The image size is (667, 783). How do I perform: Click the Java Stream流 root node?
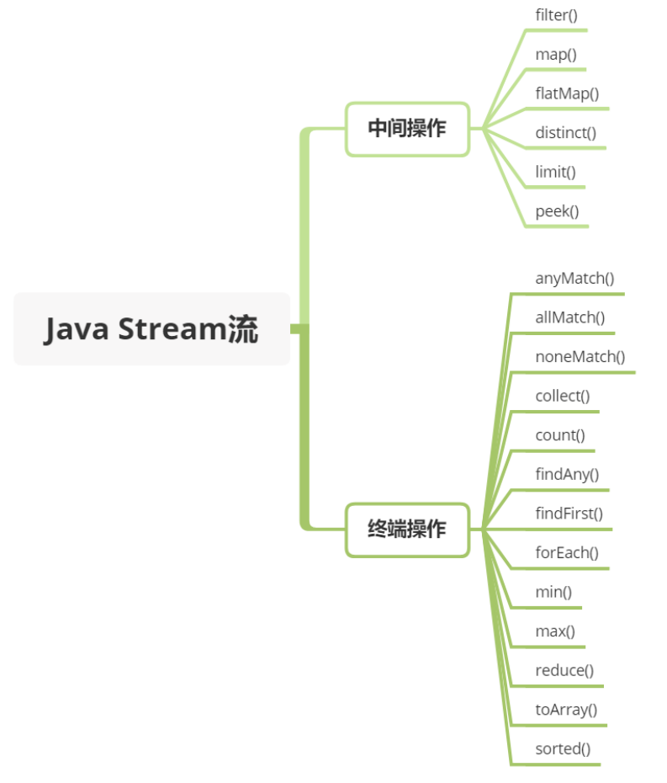(x=151, y=328)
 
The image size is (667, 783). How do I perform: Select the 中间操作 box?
(x=407, y=129)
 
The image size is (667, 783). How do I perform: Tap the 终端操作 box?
(x=407, y=530)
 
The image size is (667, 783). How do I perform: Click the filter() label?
(x=556, y=14)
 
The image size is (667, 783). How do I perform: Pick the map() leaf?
(x=556, y=54)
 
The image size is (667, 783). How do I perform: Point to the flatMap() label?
(x=567, y=93)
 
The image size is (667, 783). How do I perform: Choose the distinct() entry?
(x=565, y=132)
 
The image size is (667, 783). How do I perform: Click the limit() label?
(x=555, y=172)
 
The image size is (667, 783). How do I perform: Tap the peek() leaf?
(x=557, y=210)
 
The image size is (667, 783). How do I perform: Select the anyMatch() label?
(x=574, y=278)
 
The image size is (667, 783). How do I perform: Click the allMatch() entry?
(x=569, y=317)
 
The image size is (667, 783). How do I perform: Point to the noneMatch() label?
(x=580, y=356)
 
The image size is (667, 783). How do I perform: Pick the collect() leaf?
(x=562, y=396)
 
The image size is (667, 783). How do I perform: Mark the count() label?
(x=559, y=435)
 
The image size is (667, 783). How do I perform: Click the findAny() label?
(x=567, y=474)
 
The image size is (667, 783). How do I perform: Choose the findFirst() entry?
(x=569, y=514)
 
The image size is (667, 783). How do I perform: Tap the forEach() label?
(x=567, y=552)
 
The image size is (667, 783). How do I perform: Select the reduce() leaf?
(x=564, y=670)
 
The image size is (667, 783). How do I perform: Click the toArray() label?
(x=566, y=709)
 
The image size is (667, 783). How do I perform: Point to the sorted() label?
(x=563, y=748)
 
